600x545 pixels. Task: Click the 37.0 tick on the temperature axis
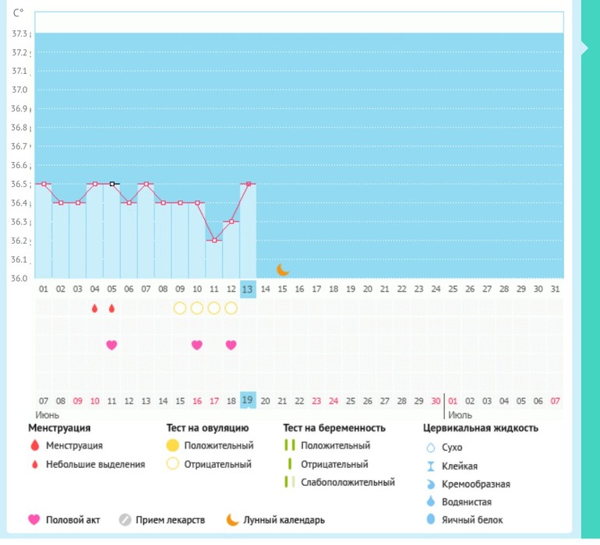[x=18, y=90]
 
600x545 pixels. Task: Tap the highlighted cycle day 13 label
[x=248, y=289]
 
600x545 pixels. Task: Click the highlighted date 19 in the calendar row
[x=248, y=401]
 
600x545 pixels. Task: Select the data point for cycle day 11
[x=214, y=241]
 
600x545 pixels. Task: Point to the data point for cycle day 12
[x=231, y=222]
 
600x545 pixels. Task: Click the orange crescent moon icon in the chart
[x=283, y=269]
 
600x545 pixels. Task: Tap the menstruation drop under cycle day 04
[x=95, y=308]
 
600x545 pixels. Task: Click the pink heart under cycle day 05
[x=111, y=345]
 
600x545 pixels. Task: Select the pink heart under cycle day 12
[x=231, y=345]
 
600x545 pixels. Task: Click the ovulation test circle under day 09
[x=180, y=308]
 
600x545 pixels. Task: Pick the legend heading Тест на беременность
[x=335, y=428]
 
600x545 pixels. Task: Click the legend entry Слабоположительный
[x=348, y=482]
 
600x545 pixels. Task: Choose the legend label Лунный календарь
[x=284, y=520]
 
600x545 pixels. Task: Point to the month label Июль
[x=460, y=415]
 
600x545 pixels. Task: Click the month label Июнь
[x=48, y=415]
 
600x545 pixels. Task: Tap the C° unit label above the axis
[x=19, y=13]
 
